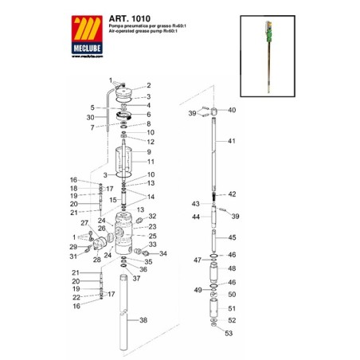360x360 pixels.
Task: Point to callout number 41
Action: [x=233, y=141]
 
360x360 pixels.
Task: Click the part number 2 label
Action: [x=147, y=85]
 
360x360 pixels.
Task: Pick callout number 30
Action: [x=92, y=117]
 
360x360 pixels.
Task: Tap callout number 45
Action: [x=233, y=237]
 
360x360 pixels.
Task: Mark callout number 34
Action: [x=162, y=254]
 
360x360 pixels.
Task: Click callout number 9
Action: [x=147, y=151]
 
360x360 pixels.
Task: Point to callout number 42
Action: [x=233, y=194]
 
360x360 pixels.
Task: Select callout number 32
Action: [x=153, y=217]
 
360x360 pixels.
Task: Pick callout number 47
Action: [x=197, y=260]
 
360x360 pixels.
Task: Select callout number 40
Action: [x=233, y=110]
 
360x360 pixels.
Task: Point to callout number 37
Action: [x=136, y=278]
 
